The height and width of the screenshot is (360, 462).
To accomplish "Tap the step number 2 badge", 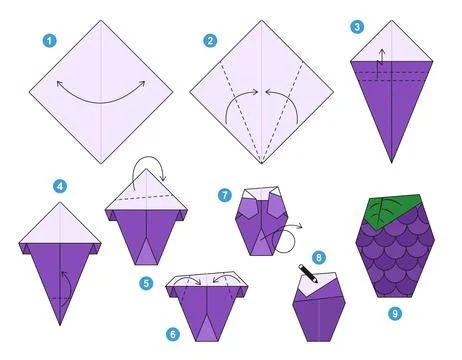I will [209, 41].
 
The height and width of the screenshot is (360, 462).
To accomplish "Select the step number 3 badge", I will [357, 27].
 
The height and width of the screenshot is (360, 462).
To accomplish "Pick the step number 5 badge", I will [147, 283].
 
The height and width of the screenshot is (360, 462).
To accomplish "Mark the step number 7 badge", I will [225, 194].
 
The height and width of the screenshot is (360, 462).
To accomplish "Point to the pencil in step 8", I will [305, 272].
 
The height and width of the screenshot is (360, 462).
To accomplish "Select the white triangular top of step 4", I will [61, 220].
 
